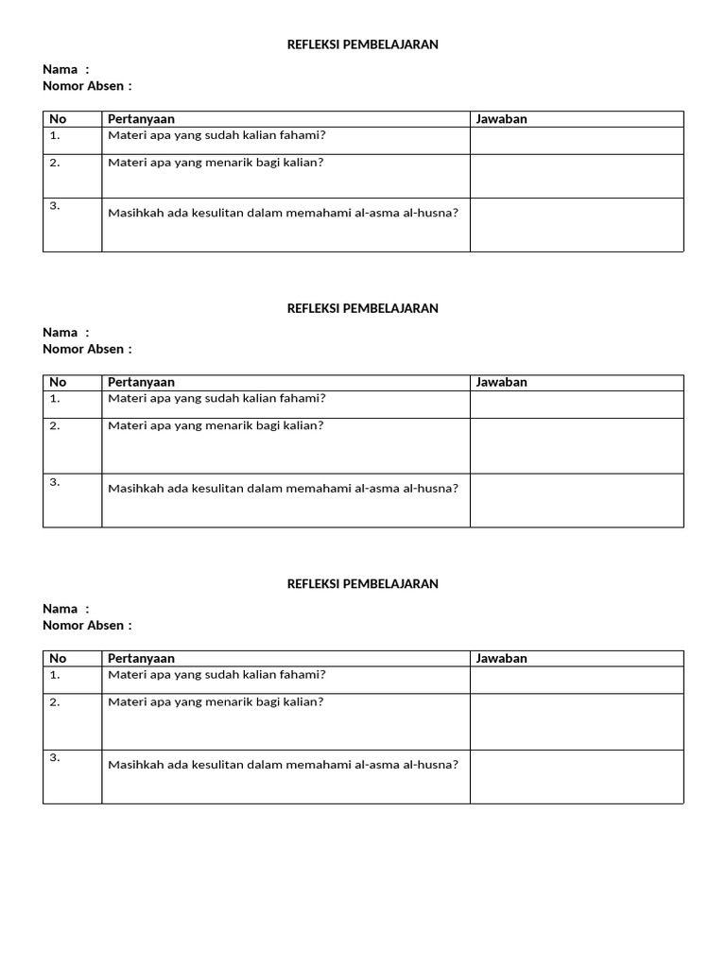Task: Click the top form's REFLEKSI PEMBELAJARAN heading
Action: [362, 44]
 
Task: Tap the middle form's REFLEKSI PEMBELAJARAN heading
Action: [362, 308]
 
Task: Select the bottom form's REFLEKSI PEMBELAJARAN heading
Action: [362, 584]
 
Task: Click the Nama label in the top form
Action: [60, 69]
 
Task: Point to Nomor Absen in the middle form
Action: [83, 349]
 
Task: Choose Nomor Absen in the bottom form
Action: [83, 625]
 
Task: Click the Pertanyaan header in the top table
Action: [141, 119]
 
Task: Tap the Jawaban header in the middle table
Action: [501, 383]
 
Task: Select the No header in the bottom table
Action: [58, 659]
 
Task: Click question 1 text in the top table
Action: [216, 135]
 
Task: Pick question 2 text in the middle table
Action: [216, 425]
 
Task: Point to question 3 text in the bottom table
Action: [283, 765]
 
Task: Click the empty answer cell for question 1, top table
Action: [577, 141]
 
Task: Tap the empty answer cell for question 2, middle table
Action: [577, 445]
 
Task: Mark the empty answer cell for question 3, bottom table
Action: [577, 777]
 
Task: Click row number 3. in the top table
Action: [55, 206]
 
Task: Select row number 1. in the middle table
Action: [55, 399]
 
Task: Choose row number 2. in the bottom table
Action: [55, 702]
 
